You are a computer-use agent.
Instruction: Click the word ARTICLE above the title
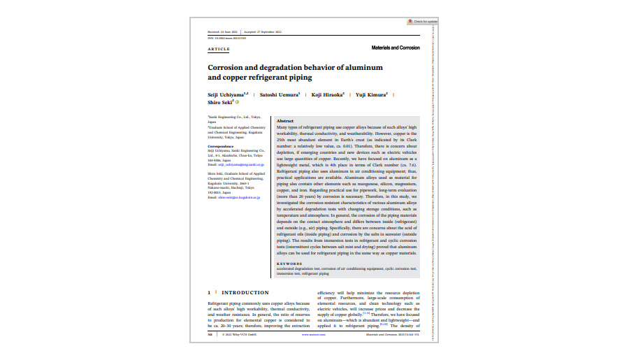pyautogui.click(x=219, y=49)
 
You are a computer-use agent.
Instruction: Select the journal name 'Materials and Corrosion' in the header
pyautogui.click(x=396, y=48)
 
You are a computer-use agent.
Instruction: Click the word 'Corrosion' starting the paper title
pyautogui.click(x=229, y=67)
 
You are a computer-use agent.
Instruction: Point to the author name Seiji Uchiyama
pyautogui.click(x=227, y=94)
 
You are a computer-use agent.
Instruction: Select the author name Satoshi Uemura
pyautogui.click(x=279, y=94)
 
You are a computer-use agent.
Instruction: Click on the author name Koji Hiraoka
pyautogui.click(x=327, y=94)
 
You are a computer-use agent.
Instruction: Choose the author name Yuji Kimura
pyautogui.click(x=371, y=94)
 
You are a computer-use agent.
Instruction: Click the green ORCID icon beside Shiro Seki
pyautogui.click(x=238, y=102)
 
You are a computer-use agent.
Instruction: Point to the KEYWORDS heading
pyautogui.click(x=290, y=264)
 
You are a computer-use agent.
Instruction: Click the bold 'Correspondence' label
pyautogui.click(x=221, y=146)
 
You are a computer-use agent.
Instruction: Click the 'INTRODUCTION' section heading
pyautogui.click(x=246, y=293)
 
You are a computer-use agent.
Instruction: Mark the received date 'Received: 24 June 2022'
pyautogui.click(x=224, y=32)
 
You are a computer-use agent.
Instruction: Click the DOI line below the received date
pyautogui.click(x=227, y=38)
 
